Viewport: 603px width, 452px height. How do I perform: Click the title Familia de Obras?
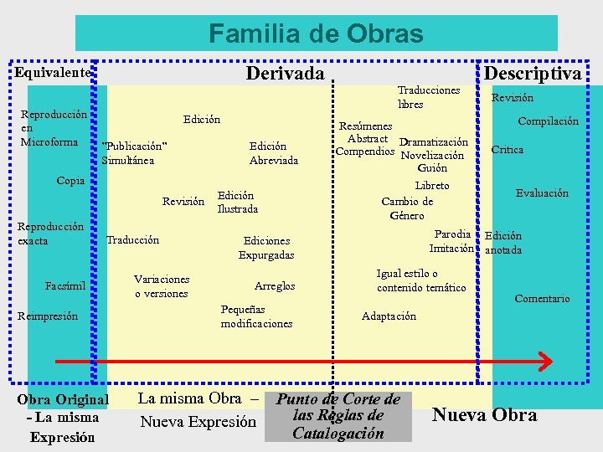click(316, 33)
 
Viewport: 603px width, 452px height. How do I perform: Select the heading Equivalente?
click(52, 73)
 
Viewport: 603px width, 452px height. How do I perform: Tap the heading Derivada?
click(285, 74)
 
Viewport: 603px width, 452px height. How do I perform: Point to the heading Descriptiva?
click(533, 74)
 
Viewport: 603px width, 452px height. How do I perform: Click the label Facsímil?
click(65, 286)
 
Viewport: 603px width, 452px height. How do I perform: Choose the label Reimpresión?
click(48, 316)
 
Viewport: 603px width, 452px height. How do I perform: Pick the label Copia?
click(70, 180)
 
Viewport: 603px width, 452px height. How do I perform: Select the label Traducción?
click(132, 240)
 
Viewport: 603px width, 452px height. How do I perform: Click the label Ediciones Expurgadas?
click(266, 247)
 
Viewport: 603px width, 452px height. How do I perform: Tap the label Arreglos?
click(274, 286)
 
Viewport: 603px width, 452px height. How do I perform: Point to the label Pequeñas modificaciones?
click(256, 316)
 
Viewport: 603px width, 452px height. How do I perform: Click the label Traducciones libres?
click(429, 97)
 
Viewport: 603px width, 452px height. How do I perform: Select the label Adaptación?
click(389, 316)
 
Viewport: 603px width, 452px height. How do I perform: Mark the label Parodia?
click(454, 234)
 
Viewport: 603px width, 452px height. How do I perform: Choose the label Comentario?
click(542, 298)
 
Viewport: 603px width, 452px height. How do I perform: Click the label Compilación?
click(548, 121)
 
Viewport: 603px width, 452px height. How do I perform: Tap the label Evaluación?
click(542, 193)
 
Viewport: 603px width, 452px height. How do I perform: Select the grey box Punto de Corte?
click(338, 416)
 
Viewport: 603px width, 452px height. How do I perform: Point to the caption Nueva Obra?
click(484, 414)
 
